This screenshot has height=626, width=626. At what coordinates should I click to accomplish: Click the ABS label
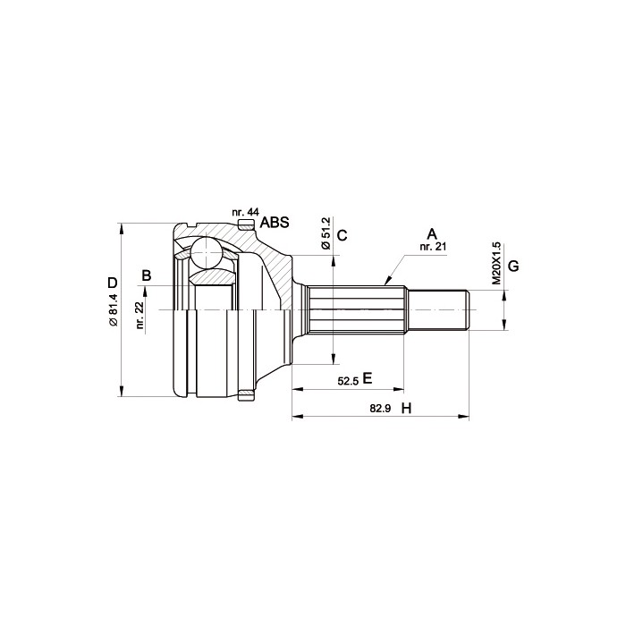(x=275, y=223)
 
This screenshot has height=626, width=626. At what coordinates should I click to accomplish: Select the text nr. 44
(x=246, y=212)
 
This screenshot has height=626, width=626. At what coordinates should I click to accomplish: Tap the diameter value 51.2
(x=326, y=233)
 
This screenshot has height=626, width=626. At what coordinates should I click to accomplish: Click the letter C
(x=343, y=235)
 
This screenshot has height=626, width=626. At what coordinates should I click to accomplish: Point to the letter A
(x=432, y=233)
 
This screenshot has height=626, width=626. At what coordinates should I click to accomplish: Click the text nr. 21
(x=432, y=247)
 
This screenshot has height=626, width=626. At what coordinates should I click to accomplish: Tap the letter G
(x=513, y=266)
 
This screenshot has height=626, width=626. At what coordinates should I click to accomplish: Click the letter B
(x=147, y=275)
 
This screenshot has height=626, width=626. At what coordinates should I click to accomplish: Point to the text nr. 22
(x=140, y=315)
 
